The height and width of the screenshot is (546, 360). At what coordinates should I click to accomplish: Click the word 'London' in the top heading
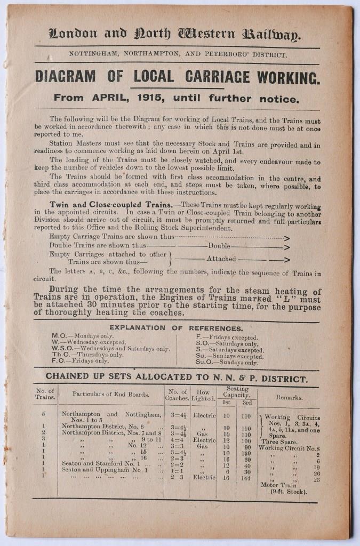click(x=74, y=35)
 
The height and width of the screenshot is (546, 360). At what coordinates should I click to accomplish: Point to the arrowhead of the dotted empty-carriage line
click(x=287, y=239)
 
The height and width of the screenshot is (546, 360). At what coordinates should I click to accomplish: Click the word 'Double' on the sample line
click(x=220, y=247)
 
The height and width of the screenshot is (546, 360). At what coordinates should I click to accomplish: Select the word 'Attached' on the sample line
click(x=221, y=259)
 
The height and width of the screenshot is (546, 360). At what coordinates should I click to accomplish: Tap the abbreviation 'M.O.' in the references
click(x=59, y=336)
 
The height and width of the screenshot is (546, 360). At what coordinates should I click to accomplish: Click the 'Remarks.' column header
click(x=290, y=397)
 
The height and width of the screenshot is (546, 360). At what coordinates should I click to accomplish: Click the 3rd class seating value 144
click(x=246, y=478)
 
